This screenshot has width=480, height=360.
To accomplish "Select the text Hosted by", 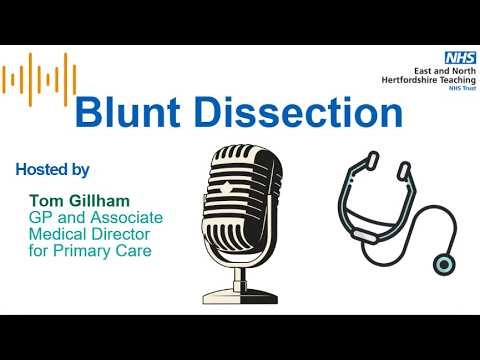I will click(52, 169).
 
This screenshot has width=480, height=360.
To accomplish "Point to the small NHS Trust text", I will click(447, 88).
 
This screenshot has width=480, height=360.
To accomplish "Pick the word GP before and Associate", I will click(40, 216).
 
